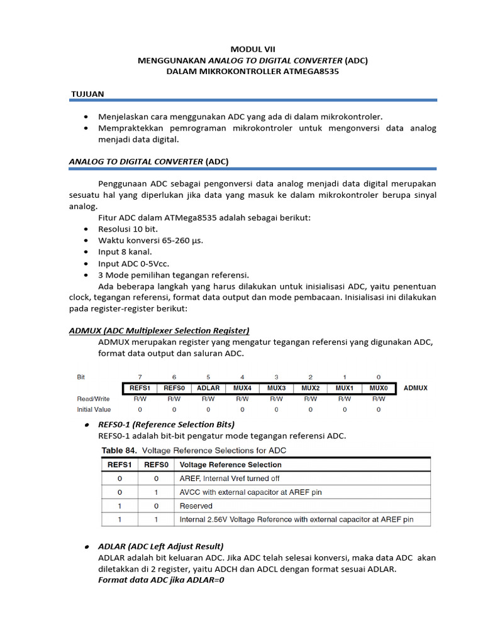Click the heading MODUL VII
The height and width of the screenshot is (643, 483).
tap(253, 48)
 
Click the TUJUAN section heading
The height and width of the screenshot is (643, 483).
tap(87, 94)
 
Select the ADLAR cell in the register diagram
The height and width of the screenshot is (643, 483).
tap(208, 388)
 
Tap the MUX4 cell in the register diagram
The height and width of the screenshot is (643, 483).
tap(242, 388)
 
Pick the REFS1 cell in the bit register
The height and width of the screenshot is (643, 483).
tap(140, 388)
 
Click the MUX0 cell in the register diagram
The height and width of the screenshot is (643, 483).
tap(379, 388)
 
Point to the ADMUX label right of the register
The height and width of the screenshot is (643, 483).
tap(415, 388)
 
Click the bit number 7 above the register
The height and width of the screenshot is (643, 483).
tap(140, 377)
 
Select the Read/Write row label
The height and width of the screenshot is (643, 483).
tap(94, 399)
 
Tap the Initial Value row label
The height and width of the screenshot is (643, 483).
tap(94, 410)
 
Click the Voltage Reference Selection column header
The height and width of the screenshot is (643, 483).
tap(230, 465)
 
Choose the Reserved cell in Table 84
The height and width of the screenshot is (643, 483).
tap(196, 506)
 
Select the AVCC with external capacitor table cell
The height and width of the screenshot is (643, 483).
tap(250, 492)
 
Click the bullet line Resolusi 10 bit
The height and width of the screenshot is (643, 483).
tap(128, 229)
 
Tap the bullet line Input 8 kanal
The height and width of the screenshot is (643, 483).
tap(125, 252)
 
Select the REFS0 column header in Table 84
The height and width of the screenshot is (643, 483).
tap(156, 465)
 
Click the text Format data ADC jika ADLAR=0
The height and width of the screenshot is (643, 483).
tap(162, 580)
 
